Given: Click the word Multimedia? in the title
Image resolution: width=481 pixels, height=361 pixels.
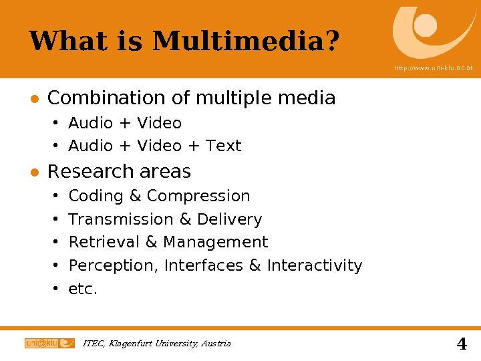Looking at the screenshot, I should coord(246,41).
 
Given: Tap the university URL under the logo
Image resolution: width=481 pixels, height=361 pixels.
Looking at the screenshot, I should coord(434,68).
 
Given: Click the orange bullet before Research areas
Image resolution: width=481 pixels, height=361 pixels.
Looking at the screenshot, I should coord(33,172).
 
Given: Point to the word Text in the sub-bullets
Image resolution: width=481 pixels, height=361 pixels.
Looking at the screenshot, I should coord(223,146).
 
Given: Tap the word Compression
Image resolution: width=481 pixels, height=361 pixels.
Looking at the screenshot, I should coord(198,196).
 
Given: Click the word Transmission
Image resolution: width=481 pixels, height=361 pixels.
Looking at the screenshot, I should coord(120,219).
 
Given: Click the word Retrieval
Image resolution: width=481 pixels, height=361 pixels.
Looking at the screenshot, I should coord(104,242).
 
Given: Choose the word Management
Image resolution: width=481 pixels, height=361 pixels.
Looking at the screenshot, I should coord(215,242).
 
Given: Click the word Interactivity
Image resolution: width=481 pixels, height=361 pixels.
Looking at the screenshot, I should coord(314,265).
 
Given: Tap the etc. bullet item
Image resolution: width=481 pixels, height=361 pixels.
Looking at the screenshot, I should coord(83,289).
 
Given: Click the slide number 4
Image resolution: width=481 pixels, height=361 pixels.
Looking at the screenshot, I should coord(461,344).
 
